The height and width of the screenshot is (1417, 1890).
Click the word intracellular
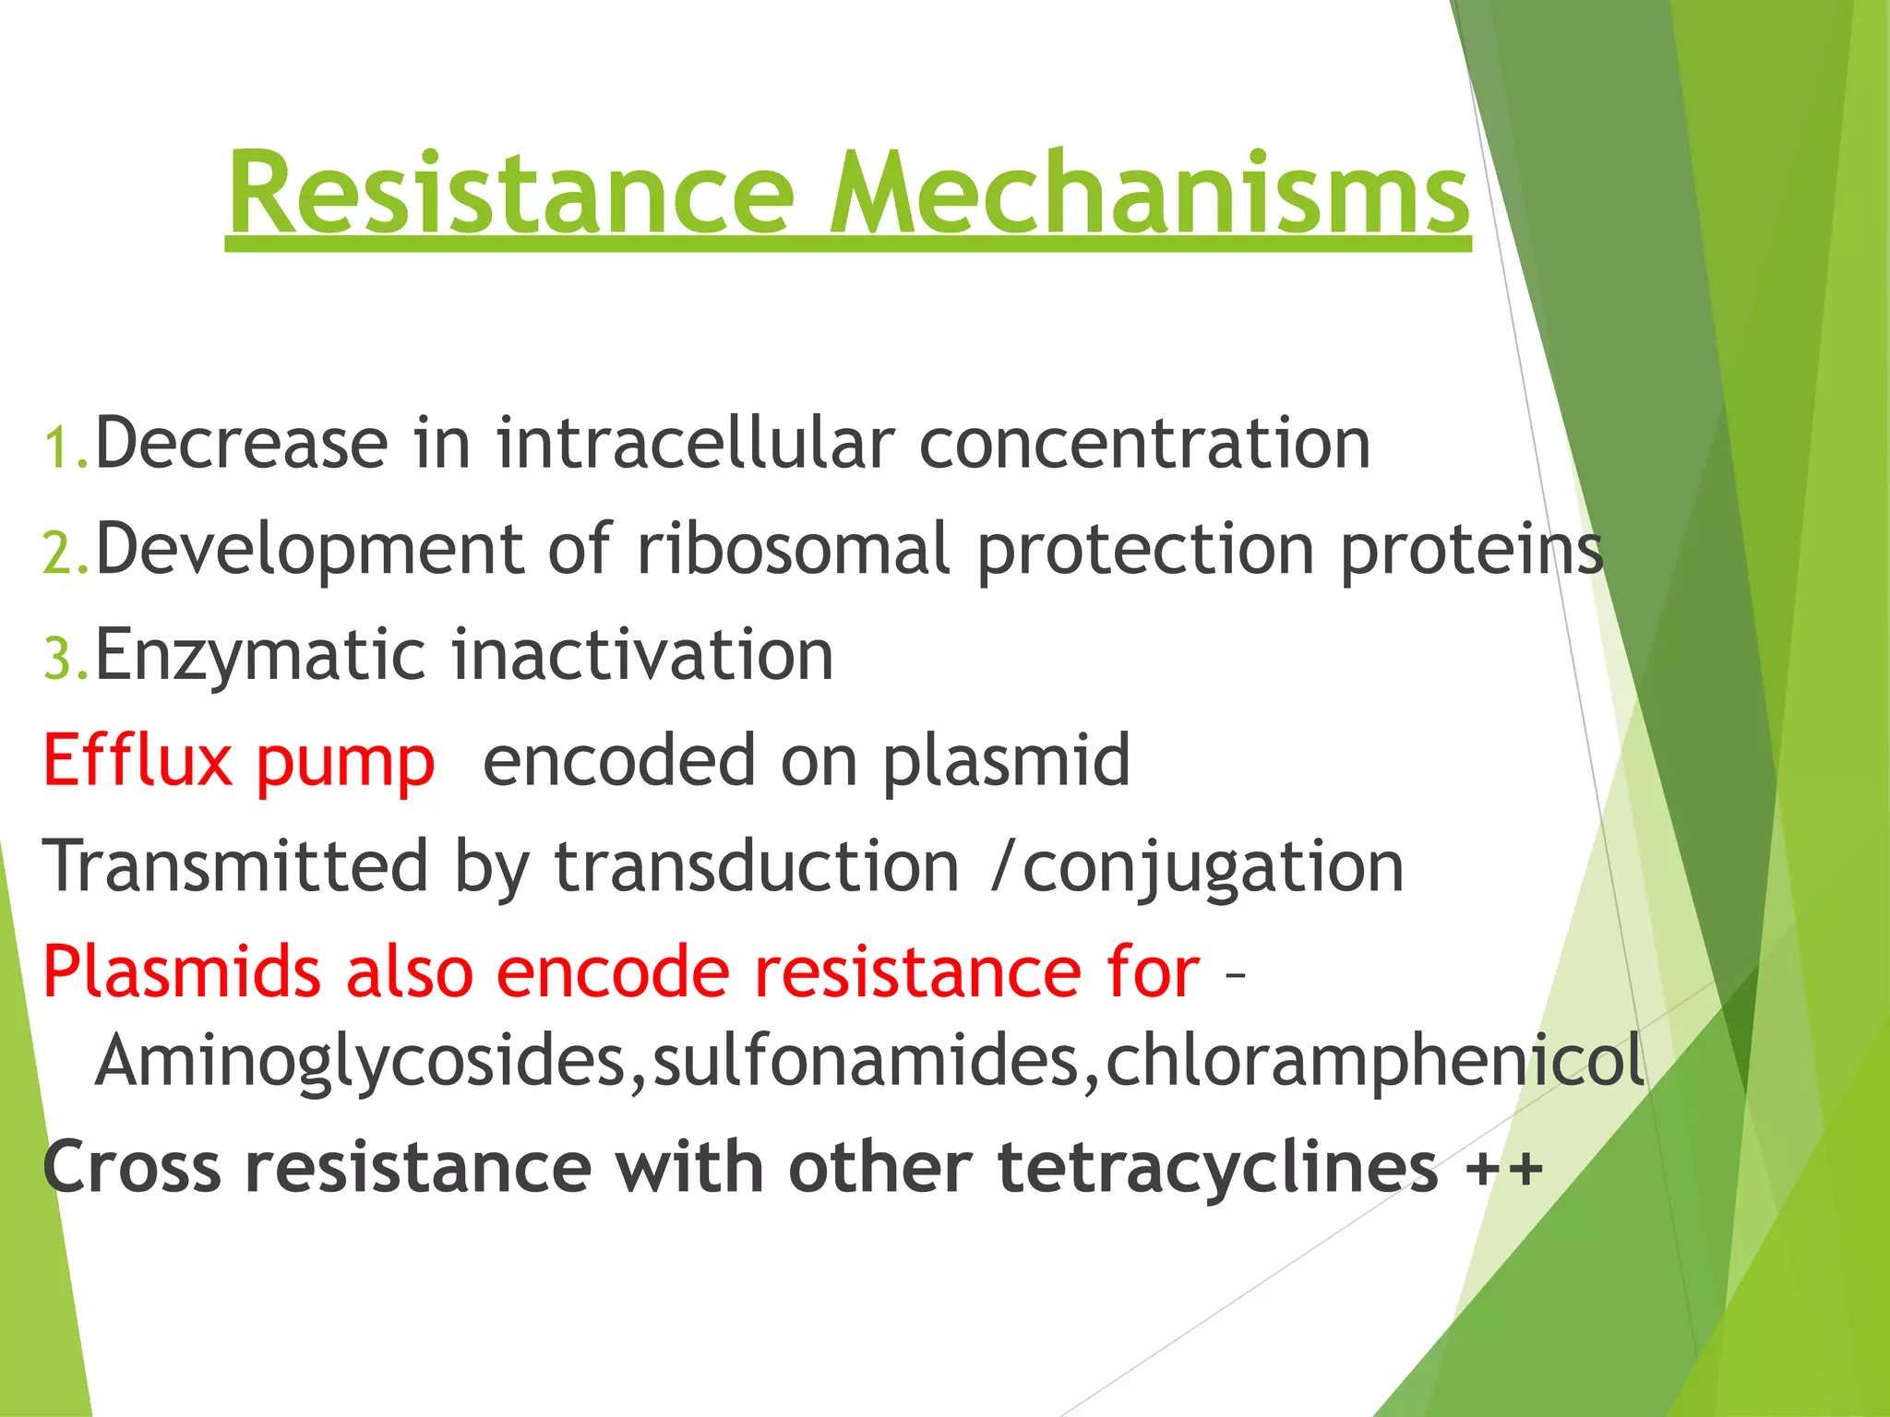tap(695, 444)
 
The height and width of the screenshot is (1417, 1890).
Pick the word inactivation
tap(642, 655)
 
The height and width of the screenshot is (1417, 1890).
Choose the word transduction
tap(757, 867)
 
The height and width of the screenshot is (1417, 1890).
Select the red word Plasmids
tap(182, 972)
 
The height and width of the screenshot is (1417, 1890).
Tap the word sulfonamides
tap(866, 1061)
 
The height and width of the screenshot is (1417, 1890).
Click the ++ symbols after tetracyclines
tap(1503, 1169)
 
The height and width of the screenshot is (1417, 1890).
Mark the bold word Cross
tap(132, 1168)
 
